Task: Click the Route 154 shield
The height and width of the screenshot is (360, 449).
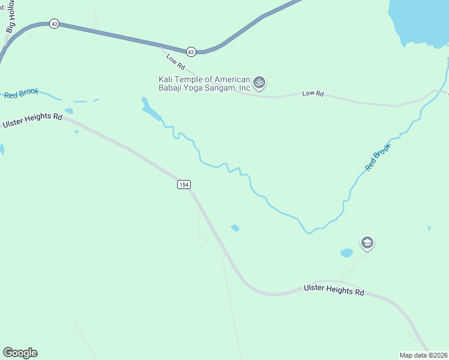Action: tap(184, 185)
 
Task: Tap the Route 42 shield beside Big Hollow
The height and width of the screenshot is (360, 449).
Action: tap(55, 23)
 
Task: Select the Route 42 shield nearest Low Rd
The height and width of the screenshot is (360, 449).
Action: tap(191, 52)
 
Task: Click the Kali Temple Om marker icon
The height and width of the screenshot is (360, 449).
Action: tap(259, 82)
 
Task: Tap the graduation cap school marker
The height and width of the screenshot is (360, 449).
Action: tap(367, 243)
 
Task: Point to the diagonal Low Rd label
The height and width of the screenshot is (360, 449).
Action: tap(176, 61)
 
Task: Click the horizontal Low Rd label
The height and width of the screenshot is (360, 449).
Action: tap(313, 94)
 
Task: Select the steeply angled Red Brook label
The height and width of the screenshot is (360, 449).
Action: tap(378, 156)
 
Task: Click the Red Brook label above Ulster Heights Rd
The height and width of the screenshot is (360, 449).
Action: tap(21, 94)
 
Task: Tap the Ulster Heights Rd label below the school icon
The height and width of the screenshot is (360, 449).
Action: tap(334, 290)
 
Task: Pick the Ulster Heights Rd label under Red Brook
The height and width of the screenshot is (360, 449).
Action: tap(32, 121)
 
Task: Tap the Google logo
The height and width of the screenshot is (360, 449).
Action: tap(20, 353)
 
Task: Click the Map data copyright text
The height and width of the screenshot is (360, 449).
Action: tap(424, 355)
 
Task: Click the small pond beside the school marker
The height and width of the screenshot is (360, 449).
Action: tap(346, 253)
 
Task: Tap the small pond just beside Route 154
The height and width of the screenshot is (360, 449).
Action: tap(235, 227)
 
